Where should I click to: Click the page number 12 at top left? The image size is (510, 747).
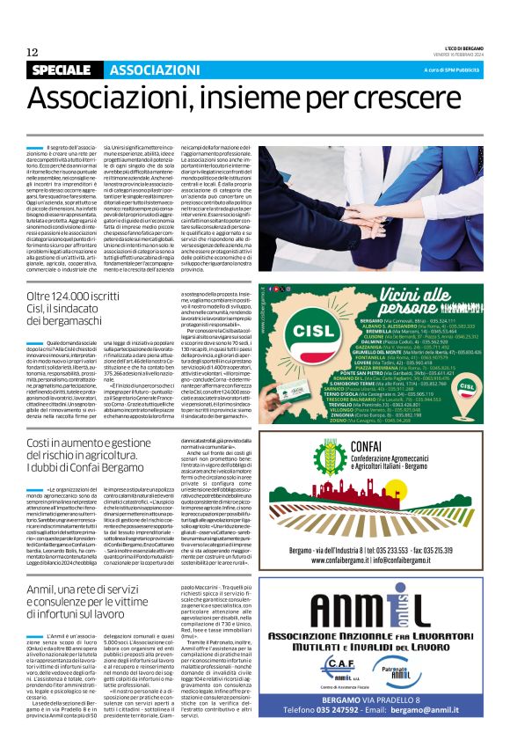pyautogui.click(x=32, y=52)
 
